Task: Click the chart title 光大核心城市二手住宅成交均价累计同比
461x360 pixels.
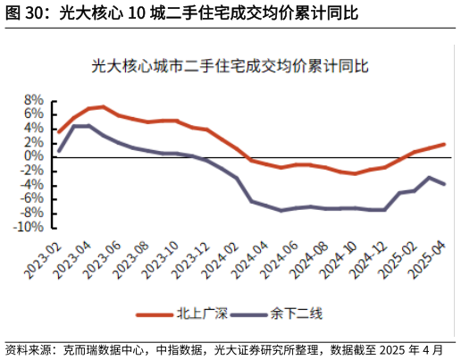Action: [x=230, y=66]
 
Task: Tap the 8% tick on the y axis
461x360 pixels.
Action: [x=34, y=99]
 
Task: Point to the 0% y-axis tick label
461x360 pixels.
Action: [x=34, y=156]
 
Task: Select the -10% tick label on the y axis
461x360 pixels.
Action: [x=29, y=228]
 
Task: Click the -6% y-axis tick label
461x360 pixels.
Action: [x=31, y=199]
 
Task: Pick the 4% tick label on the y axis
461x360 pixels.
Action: [x=34, y=128]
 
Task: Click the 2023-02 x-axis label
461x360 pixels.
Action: [x=43, y=258]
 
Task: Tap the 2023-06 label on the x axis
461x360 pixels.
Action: [x=103, y=258]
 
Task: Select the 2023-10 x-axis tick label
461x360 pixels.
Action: [x=162, y=258]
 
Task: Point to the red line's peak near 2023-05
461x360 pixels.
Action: [x=104, y=107]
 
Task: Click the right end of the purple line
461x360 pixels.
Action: [x=444, y=184]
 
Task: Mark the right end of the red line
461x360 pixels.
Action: [x=444, y=144]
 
